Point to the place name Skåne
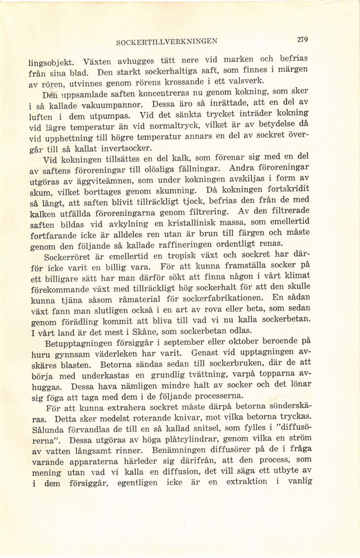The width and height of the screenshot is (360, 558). [140, 331]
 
